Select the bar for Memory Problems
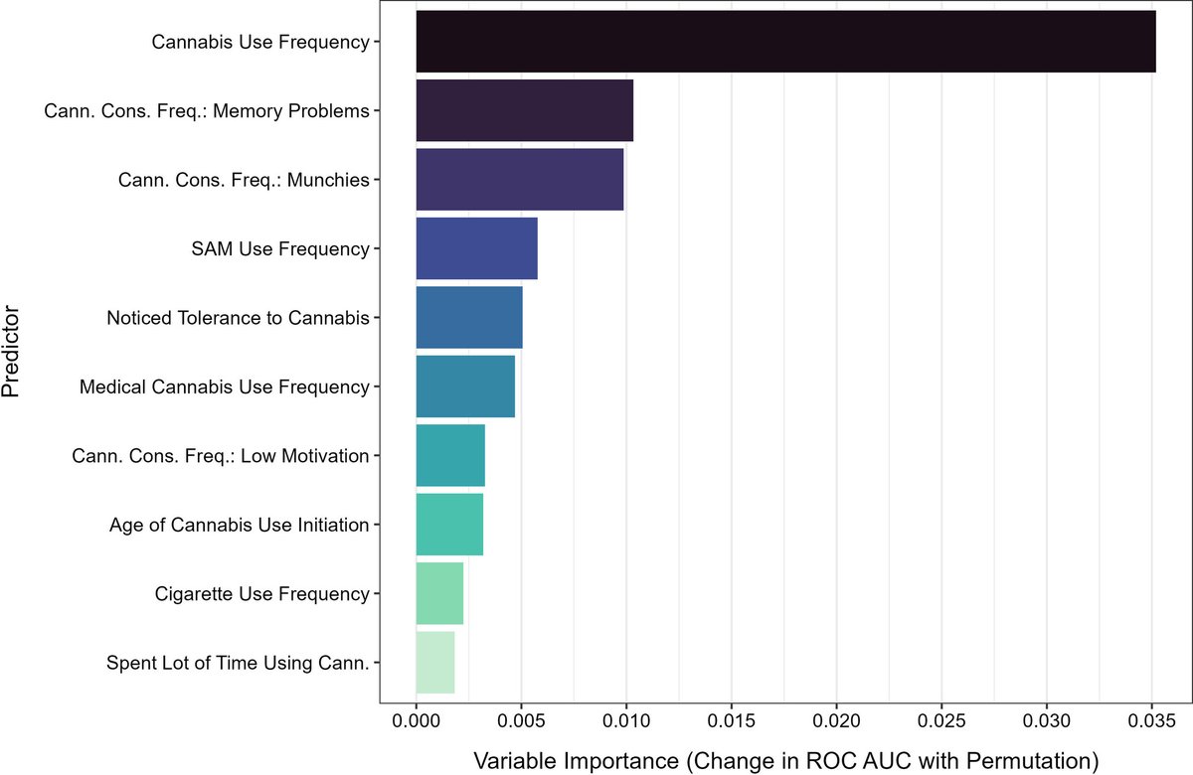524,110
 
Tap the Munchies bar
519,180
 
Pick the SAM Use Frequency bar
476,248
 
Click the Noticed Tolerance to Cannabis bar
468,318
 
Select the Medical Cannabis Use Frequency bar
465,387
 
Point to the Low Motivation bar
449,455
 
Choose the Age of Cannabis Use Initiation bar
448,525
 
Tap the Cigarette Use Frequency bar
439,593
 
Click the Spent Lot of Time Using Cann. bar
434,662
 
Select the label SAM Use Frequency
279,248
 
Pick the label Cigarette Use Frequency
261,594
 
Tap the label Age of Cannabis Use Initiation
239,525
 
